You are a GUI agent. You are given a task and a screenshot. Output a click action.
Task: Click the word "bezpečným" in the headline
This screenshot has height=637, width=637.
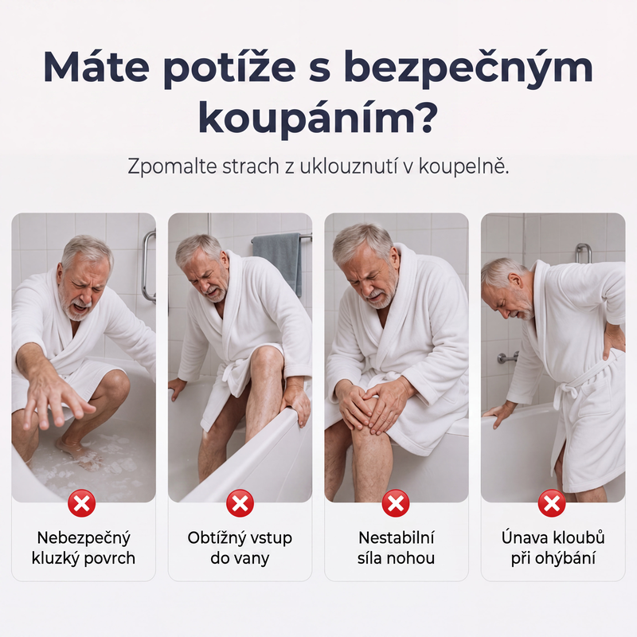(468, 68)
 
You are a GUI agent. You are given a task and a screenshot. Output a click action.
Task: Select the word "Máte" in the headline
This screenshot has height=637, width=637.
(96, 66)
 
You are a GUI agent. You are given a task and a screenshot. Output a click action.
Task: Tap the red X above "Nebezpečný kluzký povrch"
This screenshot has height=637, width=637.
(82, 504)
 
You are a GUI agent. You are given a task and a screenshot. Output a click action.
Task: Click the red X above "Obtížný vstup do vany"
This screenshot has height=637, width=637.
(240, 504)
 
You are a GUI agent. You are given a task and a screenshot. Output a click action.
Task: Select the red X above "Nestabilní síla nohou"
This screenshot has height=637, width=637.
(396, 504)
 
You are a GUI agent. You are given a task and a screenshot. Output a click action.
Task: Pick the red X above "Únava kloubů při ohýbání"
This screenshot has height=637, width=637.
(552, 504)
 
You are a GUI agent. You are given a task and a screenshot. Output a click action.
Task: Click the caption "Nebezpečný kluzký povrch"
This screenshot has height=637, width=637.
(84, 548)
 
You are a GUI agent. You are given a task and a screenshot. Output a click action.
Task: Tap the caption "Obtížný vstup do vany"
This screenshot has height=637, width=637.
(240, 548)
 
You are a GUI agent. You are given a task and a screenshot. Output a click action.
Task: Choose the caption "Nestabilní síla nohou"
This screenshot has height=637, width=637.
(396, 548)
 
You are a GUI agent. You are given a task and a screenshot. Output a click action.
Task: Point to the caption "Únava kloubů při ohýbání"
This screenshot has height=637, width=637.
(553, 548)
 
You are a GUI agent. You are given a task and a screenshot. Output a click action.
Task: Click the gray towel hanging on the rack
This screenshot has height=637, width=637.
(278, 261)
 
